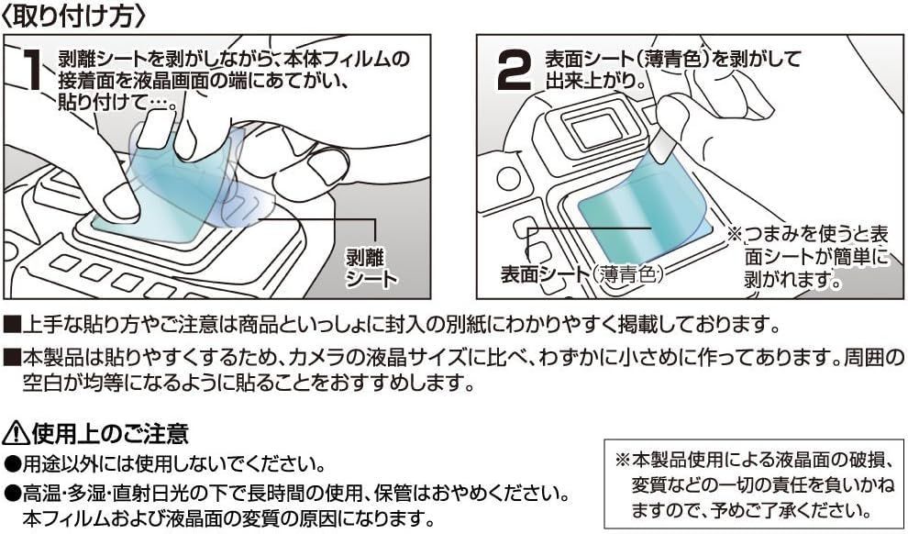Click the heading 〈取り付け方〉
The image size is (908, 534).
pyautogui.click(x=74, y=16)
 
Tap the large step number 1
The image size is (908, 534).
pyautogui.click(x=32, y=69)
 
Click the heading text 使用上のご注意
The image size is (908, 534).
pyautogui.click(x=110, y=433)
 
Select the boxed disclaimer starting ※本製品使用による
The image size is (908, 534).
pyautogui.click(x=753, y=486)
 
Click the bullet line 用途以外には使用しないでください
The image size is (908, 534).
pyautogui.click(x=165, y=463)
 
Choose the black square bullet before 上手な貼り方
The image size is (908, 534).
pyautogui.click(x=12, y=326)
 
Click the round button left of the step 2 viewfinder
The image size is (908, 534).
pyautogui.click(x=508, y=179)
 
